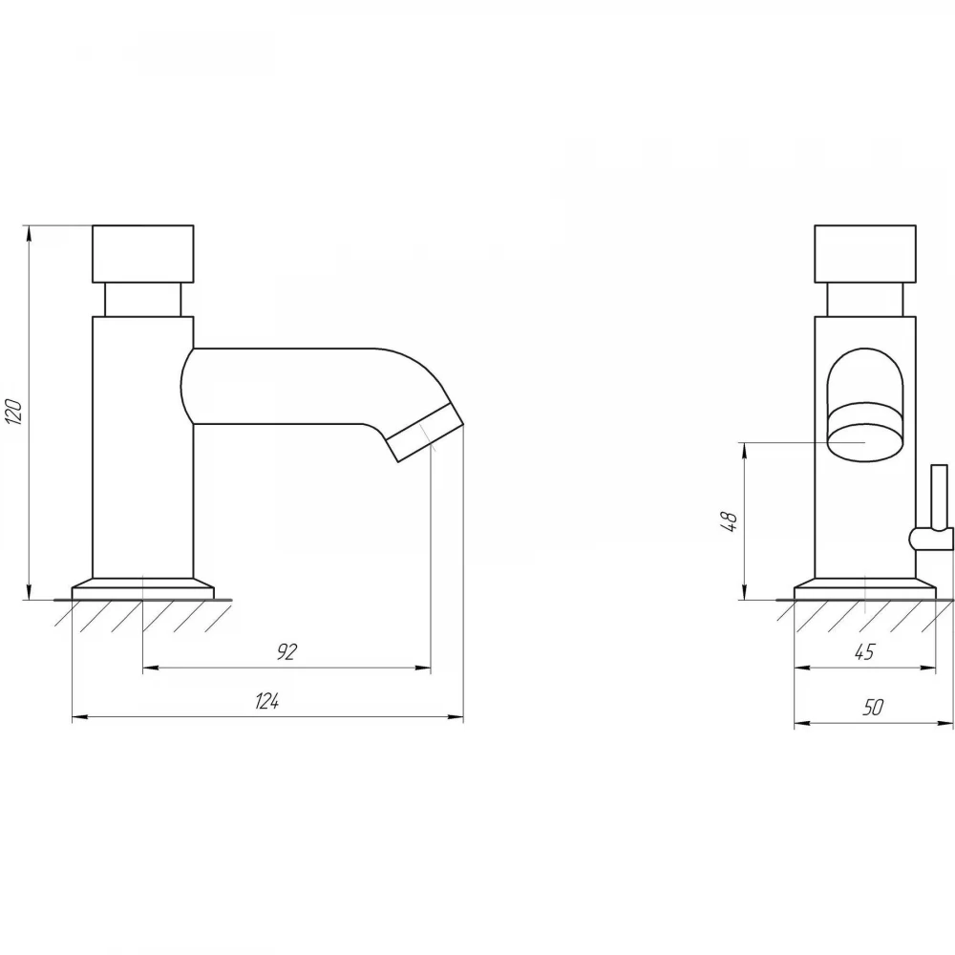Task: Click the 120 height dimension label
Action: point(14,412)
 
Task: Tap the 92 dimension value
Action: point(286,651)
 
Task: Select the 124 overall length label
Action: point(266,701)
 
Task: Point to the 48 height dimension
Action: point(729,521)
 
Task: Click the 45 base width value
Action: point(864,651)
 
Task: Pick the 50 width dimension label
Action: point(873,707)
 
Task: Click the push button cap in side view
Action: point(143,254)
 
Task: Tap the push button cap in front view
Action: point(865,254)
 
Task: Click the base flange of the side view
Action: point(143,588)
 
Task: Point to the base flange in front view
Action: point(865,588)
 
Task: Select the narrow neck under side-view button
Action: point(143,300)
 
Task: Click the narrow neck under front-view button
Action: point(865,300)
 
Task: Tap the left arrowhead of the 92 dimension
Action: point(151,668)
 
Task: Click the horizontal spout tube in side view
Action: point(280,386)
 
